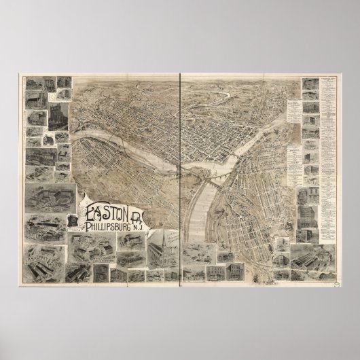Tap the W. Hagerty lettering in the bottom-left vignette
coord(42,257)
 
